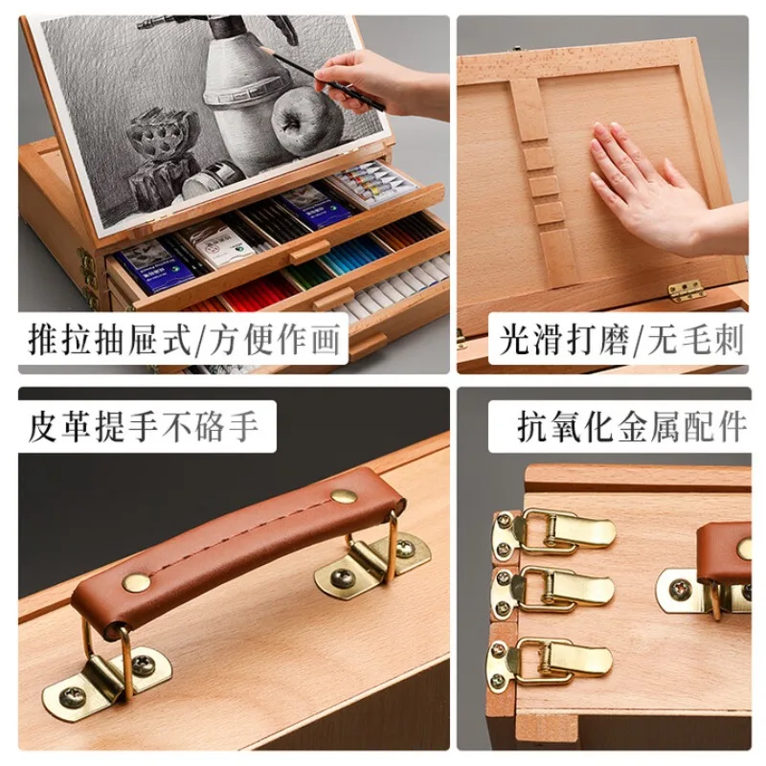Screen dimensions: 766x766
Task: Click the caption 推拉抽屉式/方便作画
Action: (184, 339)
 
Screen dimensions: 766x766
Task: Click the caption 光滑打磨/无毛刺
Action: (620, 340)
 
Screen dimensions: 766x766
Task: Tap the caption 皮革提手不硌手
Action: (143, 426)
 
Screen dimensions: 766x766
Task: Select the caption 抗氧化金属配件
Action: (632, 426)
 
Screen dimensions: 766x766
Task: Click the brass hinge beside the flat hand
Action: (686, 290)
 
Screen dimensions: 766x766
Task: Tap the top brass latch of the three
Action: (553, 533)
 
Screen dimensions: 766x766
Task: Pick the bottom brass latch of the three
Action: (549, 662)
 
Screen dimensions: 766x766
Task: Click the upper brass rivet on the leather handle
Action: (344, 495)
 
